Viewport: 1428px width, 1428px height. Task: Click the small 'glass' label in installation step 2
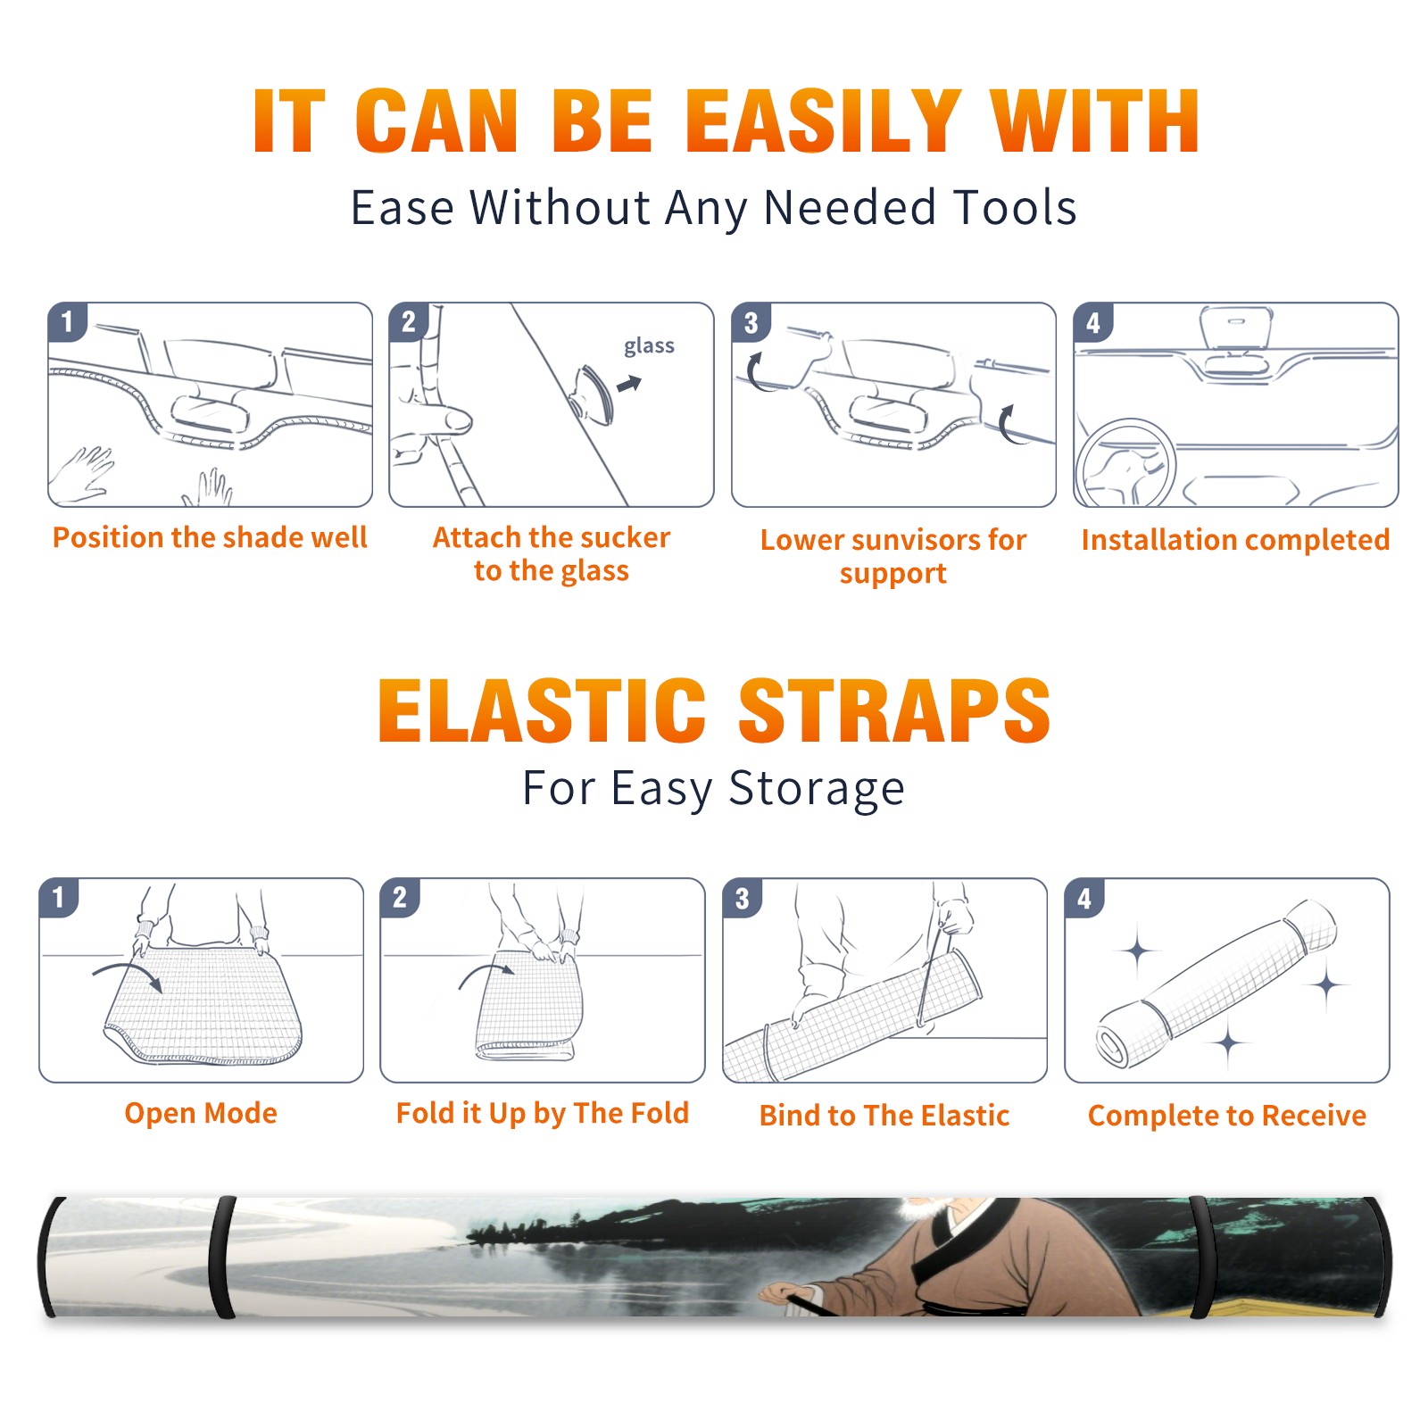(649, 346)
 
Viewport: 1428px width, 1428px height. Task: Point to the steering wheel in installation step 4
(1125, 463)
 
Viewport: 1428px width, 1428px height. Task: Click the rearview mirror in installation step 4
(1235, 328)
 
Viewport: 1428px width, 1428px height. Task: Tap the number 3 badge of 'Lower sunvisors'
(751, 322)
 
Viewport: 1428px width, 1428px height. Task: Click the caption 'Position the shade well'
(210, 537)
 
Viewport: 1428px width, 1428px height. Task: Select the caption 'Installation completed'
(1235, 539)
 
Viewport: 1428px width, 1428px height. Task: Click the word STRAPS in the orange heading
(894, 710)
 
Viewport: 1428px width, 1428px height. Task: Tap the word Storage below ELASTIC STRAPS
(817, 789)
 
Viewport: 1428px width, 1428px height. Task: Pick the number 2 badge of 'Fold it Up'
(399, 897)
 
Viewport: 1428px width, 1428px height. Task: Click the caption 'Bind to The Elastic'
(884, 1115)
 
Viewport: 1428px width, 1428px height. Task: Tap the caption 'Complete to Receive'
(1227, 1115)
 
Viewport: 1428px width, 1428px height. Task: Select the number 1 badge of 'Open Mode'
(58, 897)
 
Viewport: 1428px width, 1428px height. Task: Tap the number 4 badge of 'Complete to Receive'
(1084, 898)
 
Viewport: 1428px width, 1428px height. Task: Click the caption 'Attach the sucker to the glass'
(552, 553)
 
